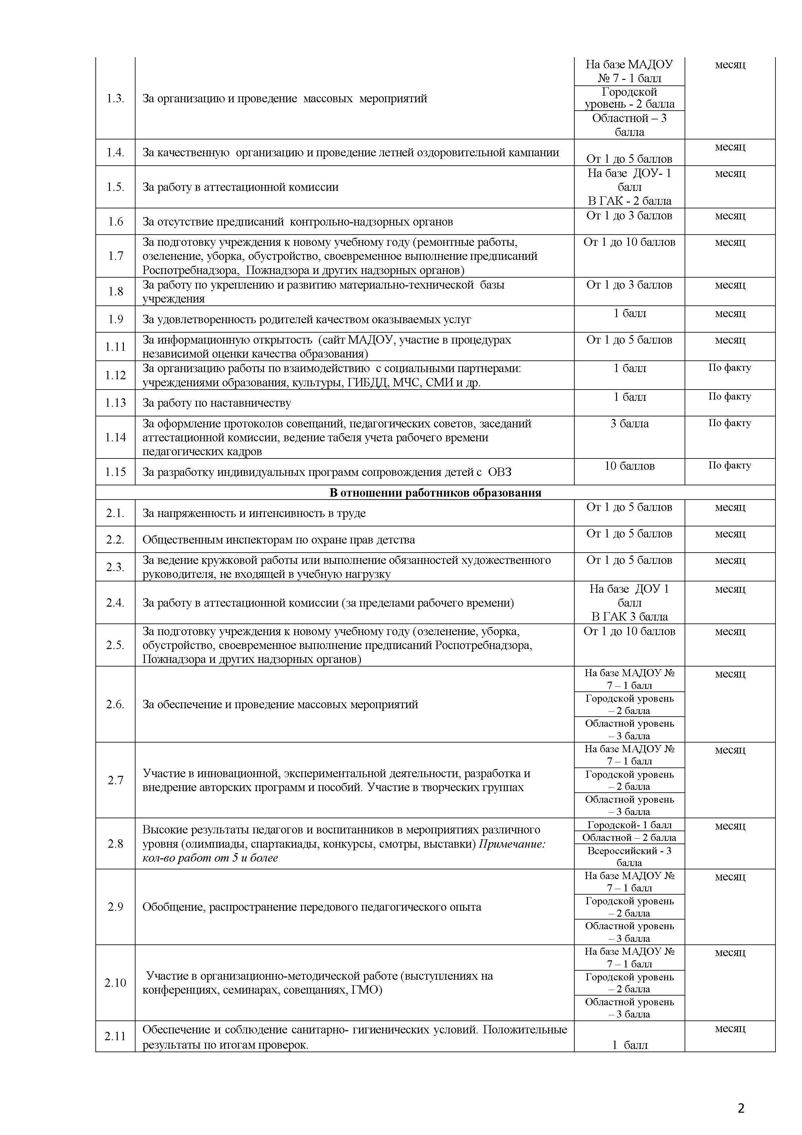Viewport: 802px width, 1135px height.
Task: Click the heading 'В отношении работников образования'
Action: tap(435, 493)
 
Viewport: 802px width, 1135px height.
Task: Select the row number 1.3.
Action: tap(115, 98)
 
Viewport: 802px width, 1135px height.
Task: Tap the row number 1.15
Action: tap(115, 472)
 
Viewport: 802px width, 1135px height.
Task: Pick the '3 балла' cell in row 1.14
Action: tap(629, 424)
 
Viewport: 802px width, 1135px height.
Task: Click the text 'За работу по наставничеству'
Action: tap(216, 403)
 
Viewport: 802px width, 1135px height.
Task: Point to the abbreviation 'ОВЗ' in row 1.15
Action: tap(500, 472)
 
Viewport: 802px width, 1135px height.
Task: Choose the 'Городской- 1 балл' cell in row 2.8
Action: tap(629, 824)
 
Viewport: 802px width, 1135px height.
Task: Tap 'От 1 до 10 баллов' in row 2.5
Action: tap(629, 631)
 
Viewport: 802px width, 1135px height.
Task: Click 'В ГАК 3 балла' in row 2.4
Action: tap(629, 616)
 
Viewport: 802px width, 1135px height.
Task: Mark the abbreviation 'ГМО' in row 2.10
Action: tap(363, 990)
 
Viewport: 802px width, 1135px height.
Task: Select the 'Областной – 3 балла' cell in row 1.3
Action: tap(629, 125)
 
